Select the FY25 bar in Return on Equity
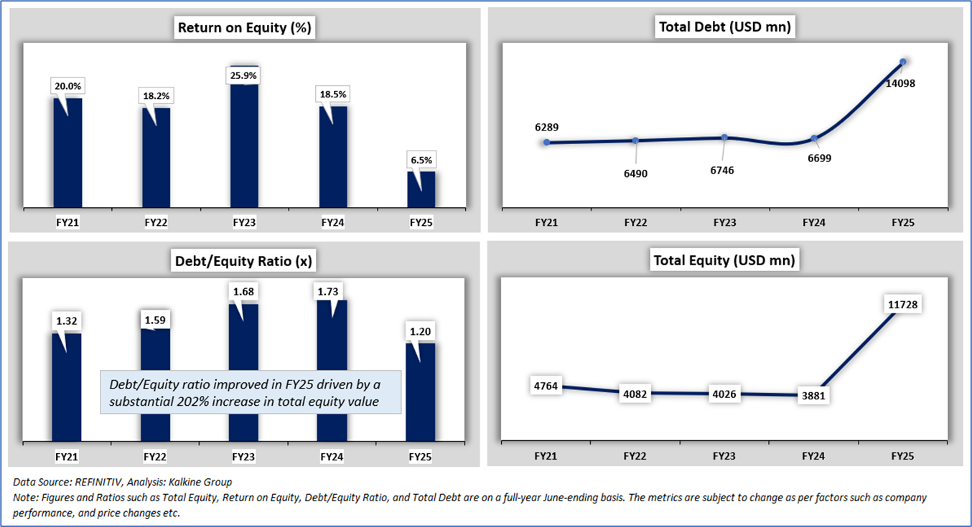[421, 190]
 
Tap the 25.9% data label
[245, 75]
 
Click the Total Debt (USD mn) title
[724, 27]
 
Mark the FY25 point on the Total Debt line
[903, 62]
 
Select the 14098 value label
[899, 83]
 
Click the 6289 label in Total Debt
[546, 128]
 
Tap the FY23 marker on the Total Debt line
[724, 137]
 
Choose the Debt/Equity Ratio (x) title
[244, 261]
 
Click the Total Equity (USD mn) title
[724, 260]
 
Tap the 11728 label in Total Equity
[902, 305]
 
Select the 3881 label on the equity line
[813, 396]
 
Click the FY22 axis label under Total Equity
[635, 455]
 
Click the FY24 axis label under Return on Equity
[332, 223]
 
